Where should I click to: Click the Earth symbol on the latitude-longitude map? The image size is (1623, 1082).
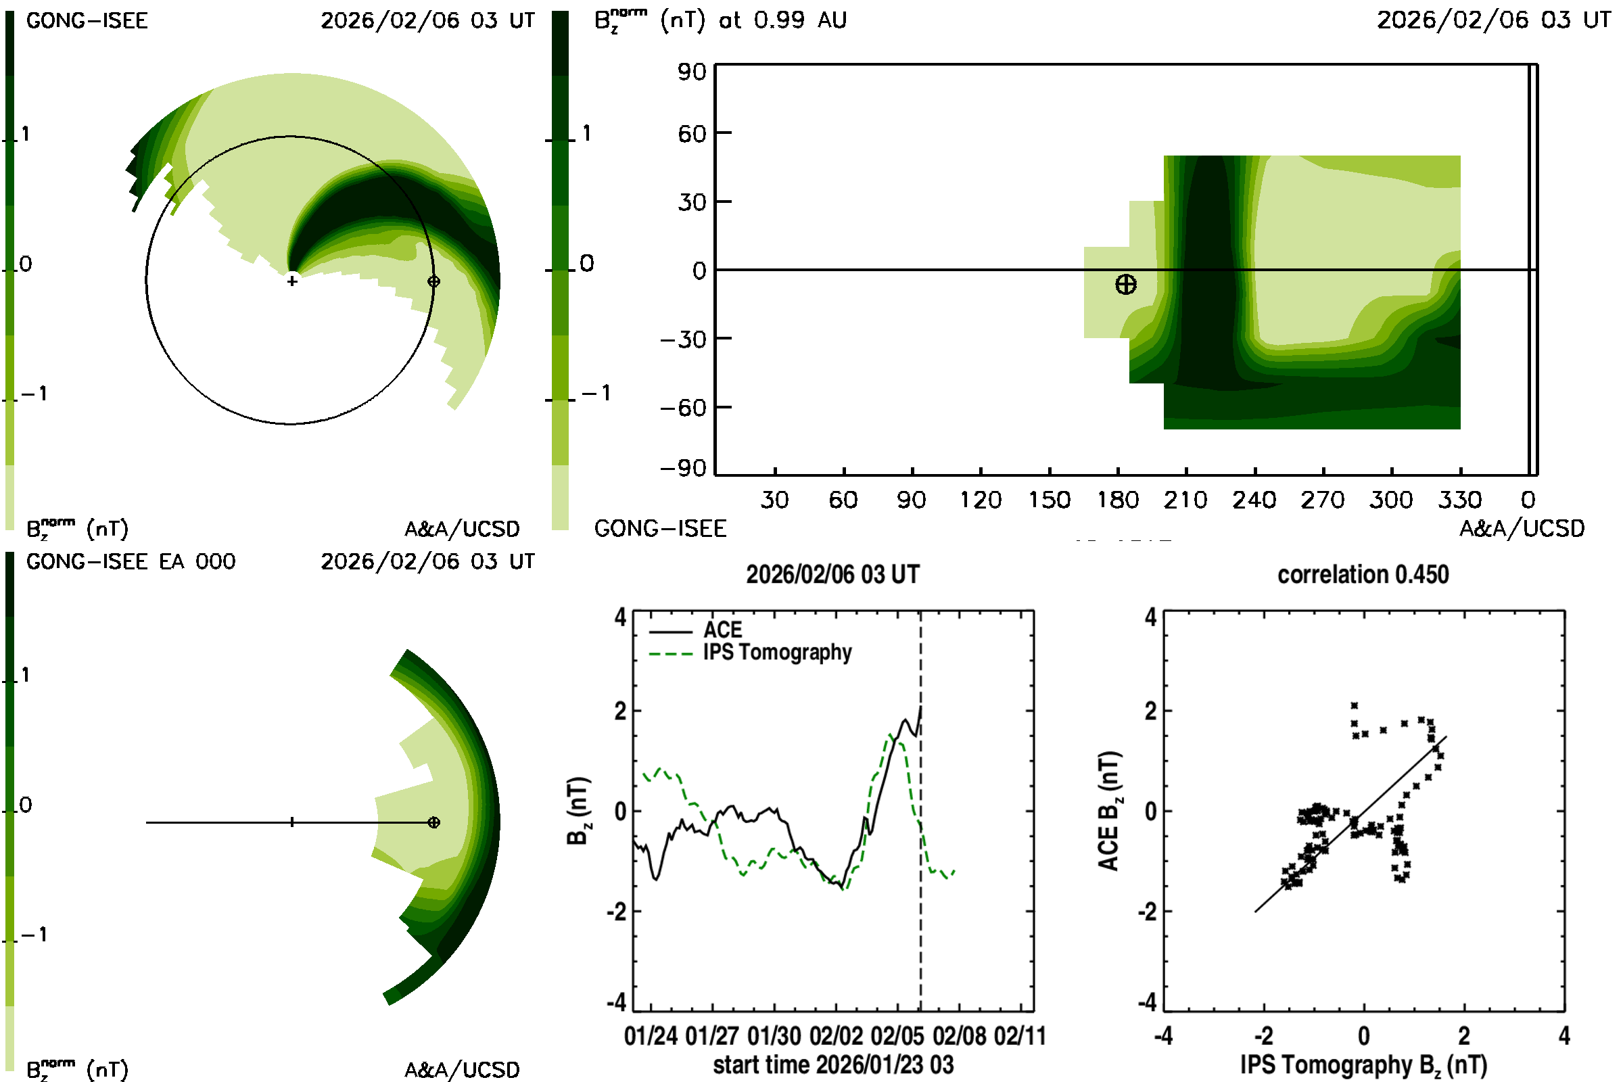pos(1125,284)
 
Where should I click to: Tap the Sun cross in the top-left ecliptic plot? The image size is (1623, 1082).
pos(292,281)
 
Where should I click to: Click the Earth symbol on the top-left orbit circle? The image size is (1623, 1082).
pos(433,281)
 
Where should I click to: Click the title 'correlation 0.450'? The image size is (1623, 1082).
pos(1362,575)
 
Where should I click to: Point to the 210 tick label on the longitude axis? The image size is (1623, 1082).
pos(1185,500)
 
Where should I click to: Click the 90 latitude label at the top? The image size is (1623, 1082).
pos(691,72)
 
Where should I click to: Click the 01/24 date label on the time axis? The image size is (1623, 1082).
pos(651,1036)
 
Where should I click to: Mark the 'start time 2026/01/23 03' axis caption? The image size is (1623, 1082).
pos(833,1064)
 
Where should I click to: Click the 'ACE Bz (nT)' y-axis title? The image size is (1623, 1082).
pos(1108,811)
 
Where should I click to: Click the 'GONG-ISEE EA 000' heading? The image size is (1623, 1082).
pos(131,562)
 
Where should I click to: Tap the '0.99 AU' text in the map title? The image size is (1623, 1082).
pos(800,20)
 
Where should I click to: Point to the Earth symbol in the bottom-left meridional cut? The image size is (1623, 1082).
pos(433,822)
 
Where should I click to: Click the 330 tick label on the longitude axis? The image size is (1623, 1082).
pos(1459,500)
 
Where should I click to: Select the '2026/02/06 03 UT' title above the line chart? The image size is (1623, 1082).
pos(832,575)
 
